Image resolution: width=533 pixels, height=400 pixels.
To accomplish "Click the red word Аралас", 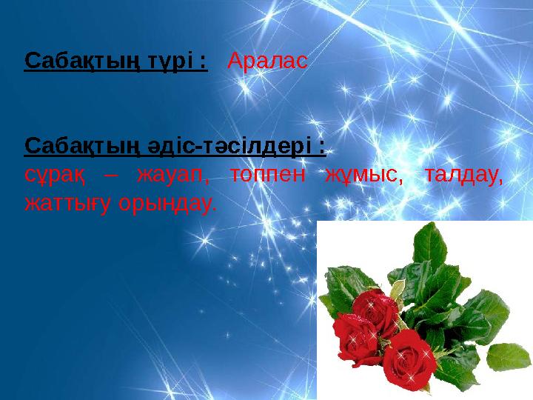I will pos(266,60).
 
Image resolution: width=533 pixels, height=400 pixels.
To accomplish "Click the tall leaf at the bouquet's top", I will pos(429,244).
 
